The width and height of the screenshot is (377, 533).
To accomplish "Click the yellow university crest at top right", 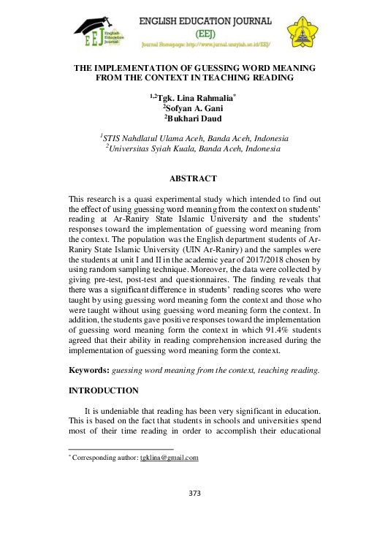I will click(300, 28).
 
